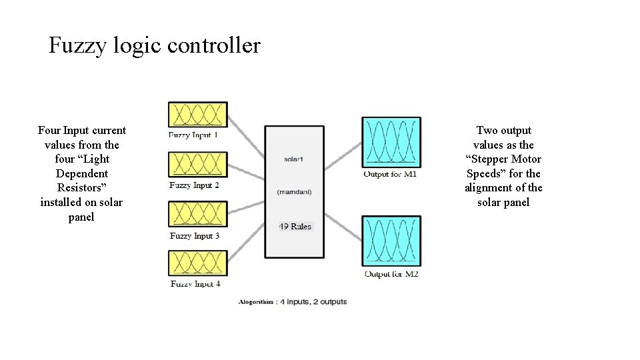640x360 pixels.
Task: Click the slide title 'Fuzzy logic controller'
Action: coord(155,46)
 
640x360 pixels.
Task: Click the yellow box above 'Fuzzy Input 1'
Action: coord(198,115)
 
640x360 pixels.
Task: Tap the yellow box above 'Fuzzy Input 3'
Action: coord(198,215)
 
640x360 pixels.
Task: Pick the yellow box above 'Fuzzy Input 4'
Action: coord(198,264)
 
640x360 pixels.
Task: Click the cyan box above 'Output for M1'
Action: coord(391,142)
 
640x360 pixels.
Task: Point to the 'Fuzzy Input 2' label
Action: coord(194,185)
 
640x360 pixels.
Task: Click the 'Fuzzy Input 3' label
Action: coord(194,236)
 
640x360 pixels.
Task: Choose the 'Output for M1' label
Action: coord(391,175)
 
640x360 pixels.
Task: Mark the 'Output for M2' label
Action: coord(391,274)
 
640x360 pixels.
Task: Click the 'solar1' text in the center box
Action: coord(294,159)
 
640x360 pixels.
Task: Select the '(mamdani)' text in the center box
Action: coord(294,192)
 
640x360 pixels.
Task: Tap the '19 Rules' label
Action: coord(295,227)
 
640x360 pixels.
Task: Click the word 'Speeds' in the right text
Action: coord(482,173)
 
